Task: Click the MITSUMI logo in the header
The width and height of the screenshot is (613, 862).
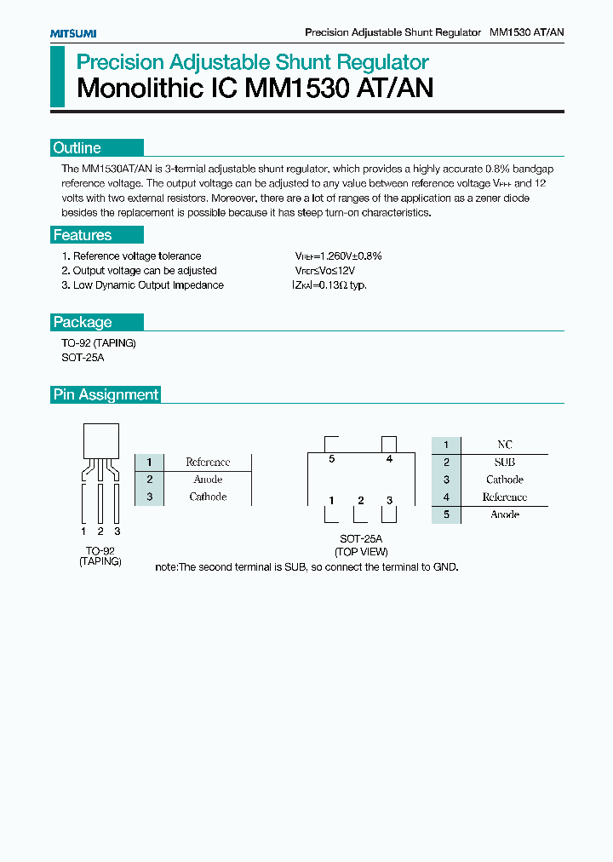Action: point(72,32)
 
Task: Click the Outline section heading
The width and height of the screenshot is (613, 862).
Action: point(77,148)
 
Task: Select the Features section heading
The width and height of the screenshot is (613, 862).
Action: point(83,235)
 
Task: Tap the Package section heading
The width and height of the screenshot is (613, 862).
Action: point(83,322)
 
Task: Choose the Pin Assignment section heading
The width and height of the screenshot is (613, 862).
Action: point(106,394)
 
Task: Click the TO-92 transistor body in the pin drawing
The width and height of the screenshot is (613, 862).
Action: point(100,441)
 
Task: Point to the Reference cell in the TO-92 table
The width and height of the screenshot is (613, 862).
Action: point(208,462)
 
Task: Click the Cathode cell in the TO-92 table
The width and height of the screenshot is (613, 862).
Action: point(208,497)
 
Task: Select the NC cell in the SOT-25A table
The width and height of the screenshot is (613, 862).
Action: point(504,445)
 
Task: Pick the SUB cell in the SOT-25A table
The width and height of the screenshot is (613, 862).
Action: point(504,462)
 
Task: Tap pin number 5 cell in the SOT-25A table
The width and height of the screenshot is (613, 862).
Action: point(445,514)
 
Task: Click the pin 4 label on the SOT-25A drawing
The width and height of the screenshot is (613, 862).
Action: point(389,459)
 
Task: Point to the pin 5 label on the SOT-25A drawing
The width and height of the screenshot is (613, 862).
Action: point(331,459)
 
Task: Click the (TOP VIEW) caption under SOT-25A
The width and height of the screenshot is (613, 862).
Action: point(361,552)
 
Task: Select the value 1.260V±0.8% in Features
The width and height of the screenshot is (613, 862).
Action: point(339,256)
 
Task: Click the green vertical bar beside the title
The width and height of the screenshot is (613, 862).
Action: point(58,77)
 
